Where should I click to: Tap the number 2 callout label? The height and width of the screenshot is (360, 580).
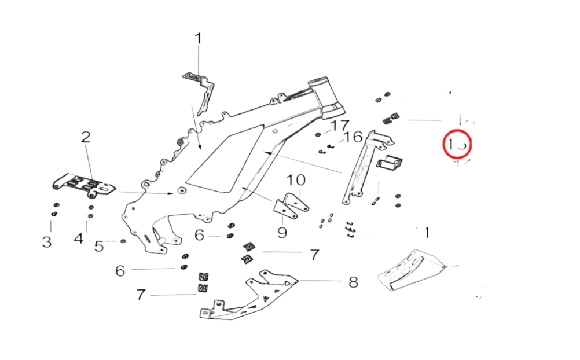click(x=86, y=138)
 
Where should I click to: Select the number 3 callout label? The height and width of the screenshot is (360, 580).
click(x=47, y=241)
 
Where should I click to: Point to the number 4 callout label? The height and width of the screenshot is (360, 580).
click(x=79, y=238)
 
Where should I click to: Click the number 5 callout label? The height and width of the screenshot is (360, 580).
click(x=100, y=246)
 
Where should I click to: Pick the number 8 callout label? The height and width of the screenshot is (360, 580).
click(x=353, y=283)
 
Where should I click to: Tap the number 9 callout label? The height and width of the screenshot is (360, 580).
click(x=282, y=233)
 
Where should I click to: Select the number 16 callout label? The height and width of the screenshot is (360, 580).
click(x=353, y=138)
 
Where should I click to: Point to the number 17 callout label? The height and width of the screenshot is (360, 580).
click(x=341, y=126)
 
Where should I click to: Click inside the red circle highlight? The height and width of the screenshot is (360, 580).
click(x=457, y=144)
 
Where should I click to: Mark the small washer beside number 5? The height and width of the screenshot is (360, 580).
click(x=123, y=241)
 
